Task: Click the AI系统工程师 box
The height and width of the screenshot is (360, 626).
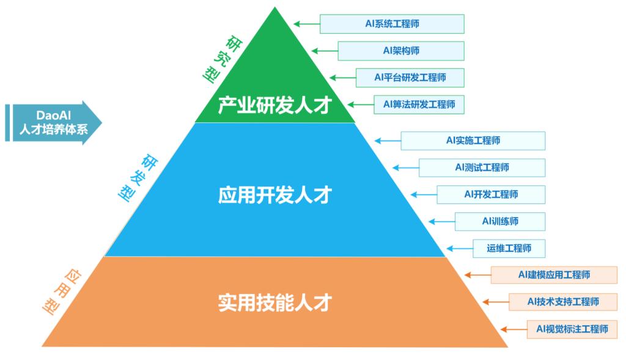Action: tap(392, 24)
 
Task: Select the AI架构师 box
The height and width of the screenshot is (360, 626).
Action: tap(401, 51)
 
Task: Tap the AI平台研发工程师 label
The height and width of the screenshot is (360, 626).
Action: tap(410, 78)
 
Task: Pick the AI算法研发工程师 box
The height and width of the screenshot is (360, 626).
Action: tap(419, 105)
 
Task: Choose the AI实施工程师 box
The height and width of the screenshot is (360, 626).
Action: tap(473, 141)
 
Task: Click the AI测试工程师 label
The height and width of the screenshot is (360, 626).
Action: tap(482, 167)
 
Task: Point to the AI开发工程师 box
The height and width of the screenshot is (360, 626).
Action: tap(491, 194)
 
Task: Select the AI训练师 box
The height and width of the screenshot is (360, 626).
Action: tap(499, 221)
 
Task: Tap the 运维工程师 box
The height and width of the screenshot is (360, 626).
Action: tap(509, 248)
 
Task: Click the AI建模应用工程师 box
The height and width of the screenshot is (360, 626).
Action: tap(554, 275)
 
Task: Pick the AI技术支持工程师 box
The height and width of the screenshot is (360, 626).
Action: tap(562, 302)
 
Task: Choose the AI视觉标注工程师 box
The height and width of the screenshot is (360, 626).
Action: tap(572, 329)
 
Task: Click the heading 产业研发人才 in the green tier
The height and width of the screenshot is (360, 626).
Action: tap(274, 105)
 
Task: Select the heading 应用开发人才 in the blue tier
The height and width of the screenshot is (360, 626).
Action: tap(274, 195)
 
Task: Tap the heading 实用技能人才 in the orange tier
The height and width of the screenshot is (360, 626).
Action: tap(274, 303)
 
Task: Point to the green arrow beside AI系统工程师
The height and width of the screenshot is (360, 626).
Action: tap(306, 24)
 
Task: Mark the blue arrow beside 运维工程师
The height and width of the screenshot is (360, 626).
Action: tap(458, 248)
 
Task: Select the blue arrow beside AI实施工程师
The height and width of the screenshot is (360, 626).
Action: tap(387, 141)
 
